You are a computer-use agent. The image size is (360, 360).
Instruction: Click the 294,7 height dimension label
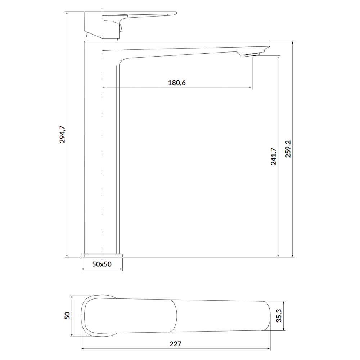(x=62, y=135)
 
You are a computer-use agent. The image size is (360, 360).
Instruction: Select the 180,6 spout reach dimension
(x=177, y=82)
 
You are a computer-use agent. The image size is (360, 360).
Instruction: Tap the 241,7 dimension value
(x=274, y=157)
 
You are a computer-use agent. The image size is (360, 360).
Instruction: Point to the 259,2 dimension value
(x=288, y=149)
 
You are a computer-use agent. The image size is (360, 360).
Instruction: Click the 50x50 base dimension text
(x=102, y=264)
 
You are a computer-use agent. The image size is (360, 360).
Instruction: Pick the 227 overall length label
(x=175, y=344)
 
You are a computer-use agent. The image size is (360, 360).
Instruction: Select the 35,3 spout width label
(x=279, y=315)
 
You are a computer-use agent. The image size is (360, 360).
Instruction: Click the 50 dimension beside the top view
(x=67, y=316)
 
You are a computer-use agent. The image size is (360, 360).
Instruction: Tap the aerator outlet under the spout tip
(x=252, y=54)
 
